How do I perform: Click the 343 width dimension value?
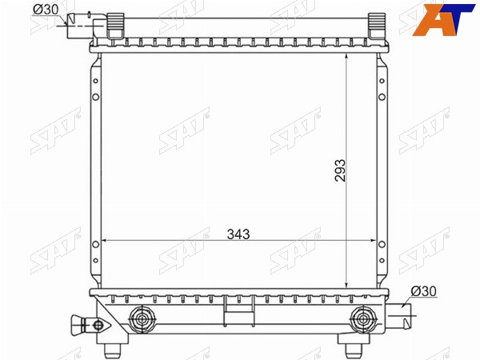point(238,234)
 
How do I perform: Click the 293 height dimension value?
point(340,170)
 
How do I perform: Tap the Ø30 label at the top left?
point(46,10)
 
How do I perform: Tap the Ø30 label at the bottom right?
point(424,291)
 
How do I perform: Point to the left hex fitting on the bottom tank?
point(142,319)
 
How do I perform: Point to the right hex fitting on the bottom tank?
point(364,319)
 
